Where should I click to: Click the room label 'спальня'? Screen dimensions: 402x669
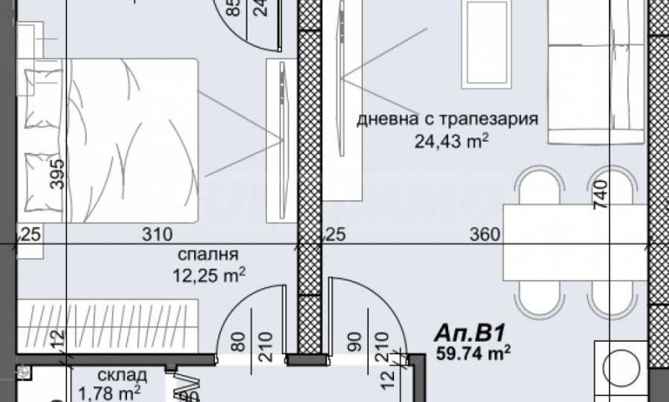point(209,255)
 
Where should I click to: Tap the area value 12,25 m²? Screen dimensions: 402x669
point(209,273)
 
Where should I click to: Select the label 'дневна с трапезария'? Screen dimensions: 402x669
point(447,119)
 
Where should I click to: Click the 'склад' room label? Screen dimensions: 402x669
point(122,374)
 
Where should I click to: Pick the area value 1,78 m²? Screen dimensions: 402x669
point(109,392)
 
